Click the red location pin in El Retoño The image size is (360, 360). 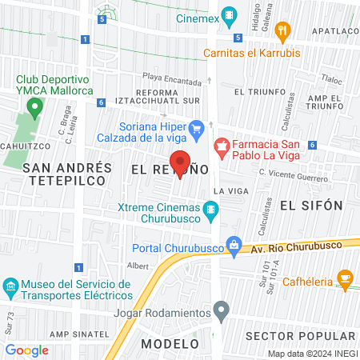[x=180, y=162]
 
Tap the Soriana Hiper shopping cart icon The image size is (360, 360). [x=196, y=126]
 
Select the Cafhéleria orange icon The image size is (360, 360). [x=346, y=279]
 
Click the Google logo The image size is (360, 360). [x=26, y=350]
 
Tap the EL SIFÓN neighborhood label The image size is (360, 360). [x=311, y=206]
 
